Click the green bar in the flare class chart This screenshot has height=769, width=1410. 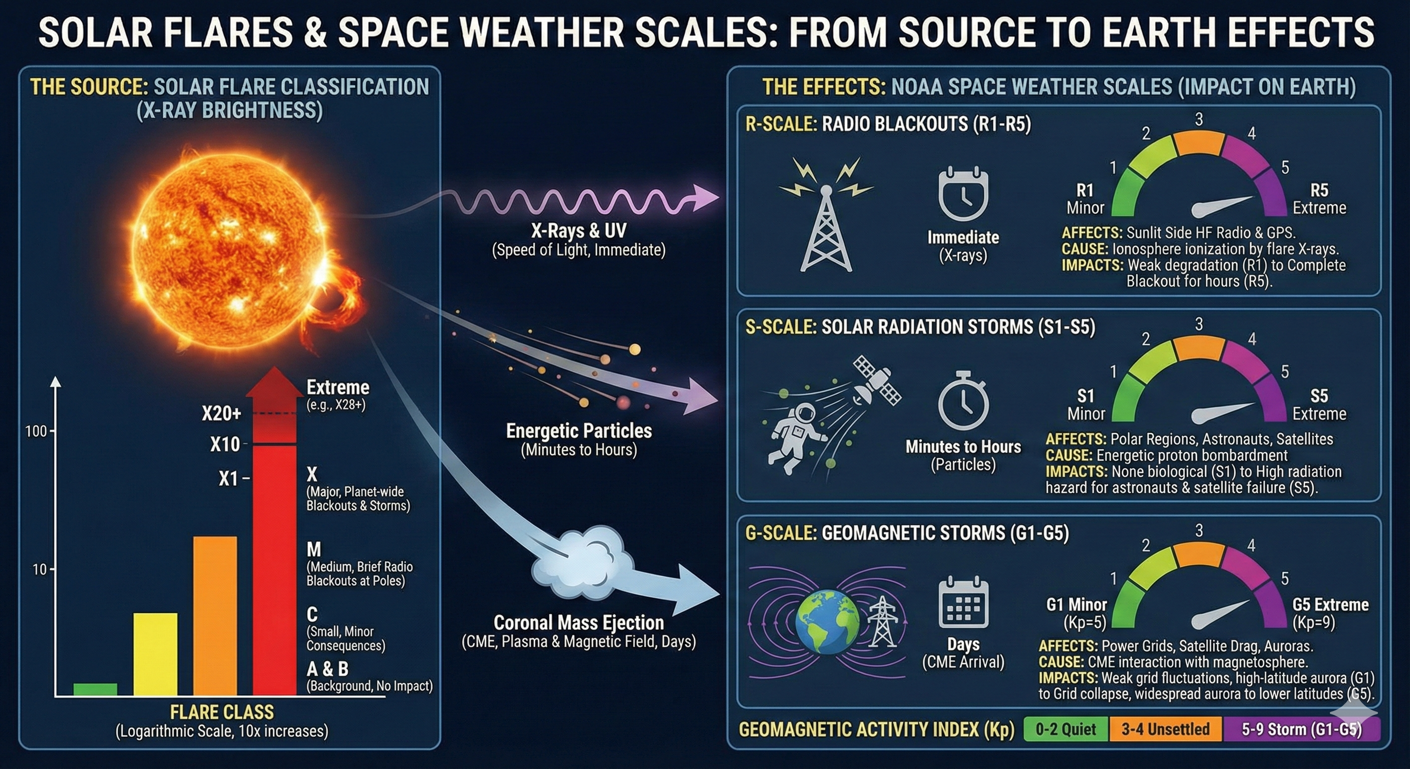coord(95,689)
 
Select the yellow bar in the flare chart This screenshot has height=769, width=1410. coord(155,654)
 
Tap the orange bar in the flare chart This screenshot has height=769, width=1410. coord(215,616)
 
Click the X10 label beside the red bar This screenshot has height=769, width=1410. coord(225,444)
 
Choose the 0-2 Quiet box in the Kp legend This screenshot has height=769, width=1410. coord(1066,729)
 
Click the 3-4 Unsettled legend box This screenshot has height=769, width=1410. coord(1165,729)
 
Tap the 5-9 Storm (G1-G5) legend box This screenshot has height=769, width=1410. coord(1301,729)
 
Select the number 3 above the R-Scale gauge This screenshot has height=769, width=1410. coord(1199,119)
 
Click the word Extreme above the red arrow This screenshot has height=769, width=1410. coord(337,388)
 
